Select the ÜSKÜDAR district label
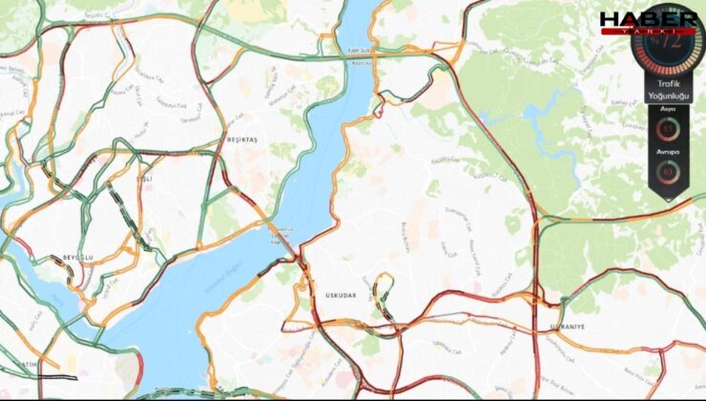(341, 296)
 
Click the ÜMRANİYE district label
(567, 327)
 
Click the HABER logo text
(648, 18)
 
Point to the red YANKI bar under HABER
(648, 32)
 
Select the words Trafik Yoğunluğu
(668, 89)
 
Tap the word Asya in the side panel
(668, 110)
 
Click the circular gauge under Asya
(668, 130)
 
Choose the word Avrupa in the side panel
(668, 152)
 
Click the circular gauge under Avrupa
(668, 172)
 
